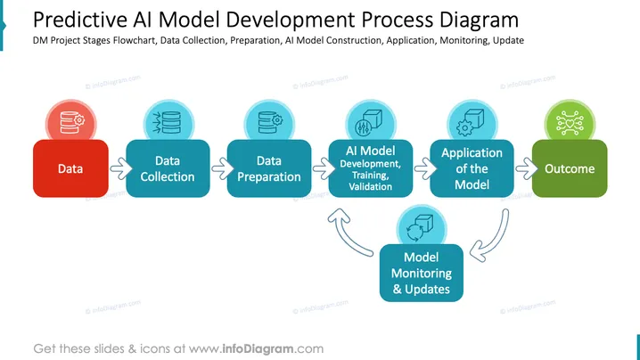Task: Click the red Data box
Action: (70, 168)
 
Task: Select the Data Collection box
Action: (168, 168)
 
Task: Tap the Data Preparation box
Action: (269, 168)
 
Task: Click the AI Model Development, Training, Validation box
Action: (371, 168)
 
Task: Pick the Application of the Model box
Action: (472, 168)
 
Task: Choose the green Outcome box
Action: (570, 168)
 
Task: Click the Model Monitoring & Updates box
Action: (422, 273)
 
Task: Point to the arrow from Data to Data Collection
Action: (121, 168)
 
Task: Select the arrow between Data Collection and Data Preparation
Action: (222, 168)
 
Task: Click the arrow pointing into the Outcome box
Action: (527, 168)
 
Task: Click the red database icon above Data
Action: (71, 122)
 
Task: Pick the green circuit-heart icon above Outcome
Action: (570, 122)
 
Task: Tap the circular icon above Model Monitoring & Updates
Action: (422, 227)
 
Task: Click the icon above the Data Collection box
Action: (168, 122)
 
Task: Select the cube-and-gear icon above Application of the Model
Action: (472, 122)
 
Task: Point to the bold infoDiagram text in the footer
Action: (258, 349)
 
